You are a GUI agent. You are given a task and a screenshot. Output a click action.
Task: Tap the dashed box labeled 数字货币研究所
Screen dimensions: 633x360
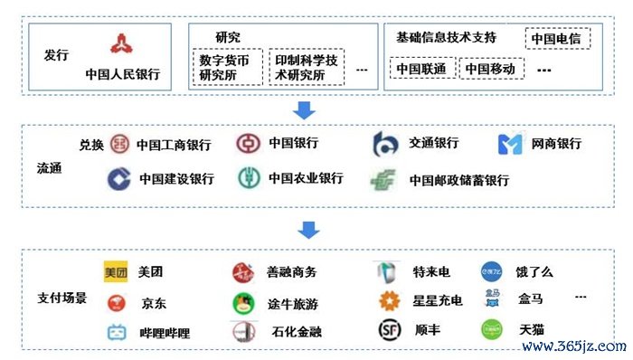pos(230,68)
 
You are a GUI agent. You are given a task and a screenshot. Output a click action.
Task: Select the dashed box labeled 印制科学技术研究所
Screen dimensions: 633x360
pos(307,68)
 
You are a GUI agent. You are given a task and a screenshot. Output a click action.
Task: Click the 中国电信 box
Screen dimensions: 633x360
pos(557,39)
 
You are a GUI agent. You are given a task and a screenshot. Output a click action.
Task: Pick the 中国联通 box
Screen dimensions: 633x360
pos(422,69)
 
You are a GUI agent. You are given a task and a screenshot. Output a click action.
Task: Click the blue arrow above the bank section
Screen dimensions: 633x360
pos(305,109)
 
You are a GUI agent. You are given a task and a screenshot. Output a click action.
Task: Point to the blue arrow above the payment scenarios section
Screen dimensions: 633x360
pos(308,230)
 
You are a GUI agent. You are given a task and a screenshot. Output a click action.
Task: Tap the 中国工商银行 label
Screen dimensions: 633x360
pos(174,145)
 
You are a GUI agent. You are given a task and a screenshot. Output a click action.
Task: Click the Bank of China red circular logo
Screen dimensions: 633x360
pos(248,144)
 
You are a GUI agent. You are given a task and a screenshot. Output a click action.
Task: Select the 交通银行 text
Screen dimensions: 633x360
pos(433,143)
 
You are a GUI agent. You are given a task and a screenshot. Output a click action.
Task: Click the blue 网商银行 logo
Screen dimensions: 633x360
pos(511,144)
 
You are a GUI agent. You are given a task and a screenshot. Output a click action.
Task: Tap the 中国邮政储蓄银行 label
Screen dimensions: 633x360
pos(459,180)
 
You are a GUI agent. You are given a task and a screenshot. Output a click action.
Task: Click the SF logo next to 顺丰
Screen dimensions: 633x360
pos(387,330)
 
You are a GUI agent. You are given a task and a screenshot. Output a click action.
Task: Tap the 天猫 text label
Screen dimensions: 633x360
pos(531,331)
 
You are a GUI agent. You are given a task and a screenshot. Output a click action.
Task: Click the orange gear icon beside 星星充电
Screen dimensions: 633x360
pos(389,300)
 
